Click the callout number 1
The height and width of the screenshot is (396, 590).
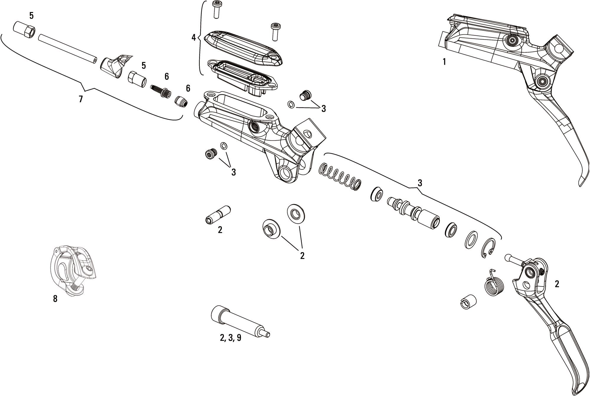click(x=444, y=62)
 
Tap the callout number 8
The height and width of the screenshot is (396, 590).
click(x=55, y=299)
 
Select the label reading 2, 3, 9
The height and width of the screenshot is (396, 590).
click(x=230, y=338)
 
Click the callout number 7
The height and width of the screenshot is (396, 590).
click(x=81, y=99)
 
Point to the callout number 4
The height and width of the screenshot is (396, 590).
click(x=194, y=38)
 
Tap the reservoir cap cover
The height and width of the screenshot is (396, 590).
click(x=243, y=47)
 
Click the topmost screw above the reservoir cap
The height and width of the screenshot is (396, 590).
click(x=216, y=10)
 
